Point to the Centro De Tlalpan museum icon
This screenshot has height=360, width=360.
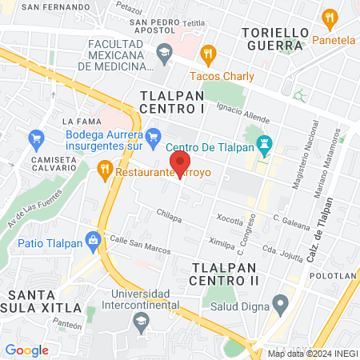tap(264, 146)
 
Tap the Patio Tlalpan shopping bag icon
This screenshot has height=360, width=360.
tap(94, 239)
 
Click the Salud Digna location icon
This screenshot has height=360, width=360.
tap(280, 304)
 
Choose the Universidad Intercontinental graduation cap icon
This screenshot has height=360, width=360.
tap(142, 322)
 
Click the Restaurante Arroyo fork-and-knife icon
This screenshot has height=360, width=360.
tap(104, 170)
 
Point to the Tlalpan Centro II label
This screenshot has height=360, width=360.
tap(226, 273)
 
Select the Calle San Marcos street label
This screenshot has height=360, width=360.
tap(140, 245)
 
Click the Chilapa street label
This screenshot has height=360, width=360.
tap(169, 214)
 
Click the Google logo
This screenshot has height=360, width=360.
tap(26, 350)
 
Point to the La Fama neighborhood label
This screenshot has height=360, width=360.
tap(79, 122)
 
